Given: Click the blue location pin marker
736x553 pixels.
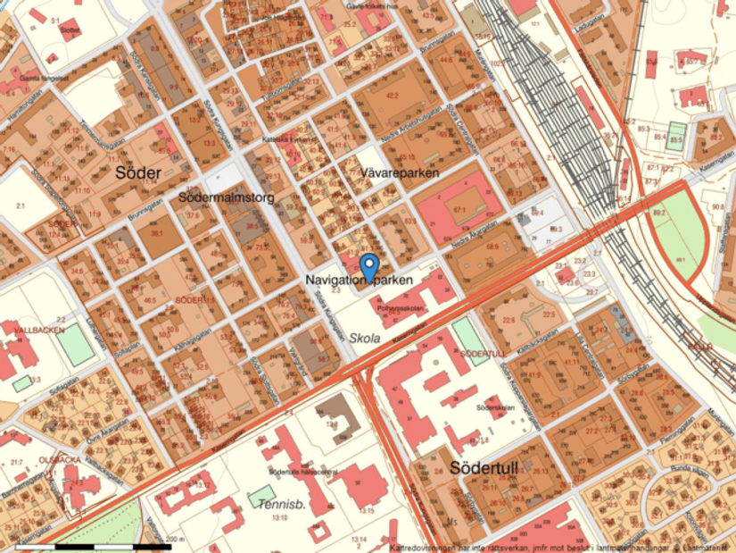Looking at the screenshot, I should [x=369, y=265].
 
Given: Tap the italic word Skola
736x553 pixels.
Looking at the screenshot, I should [x=365, y=339].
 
